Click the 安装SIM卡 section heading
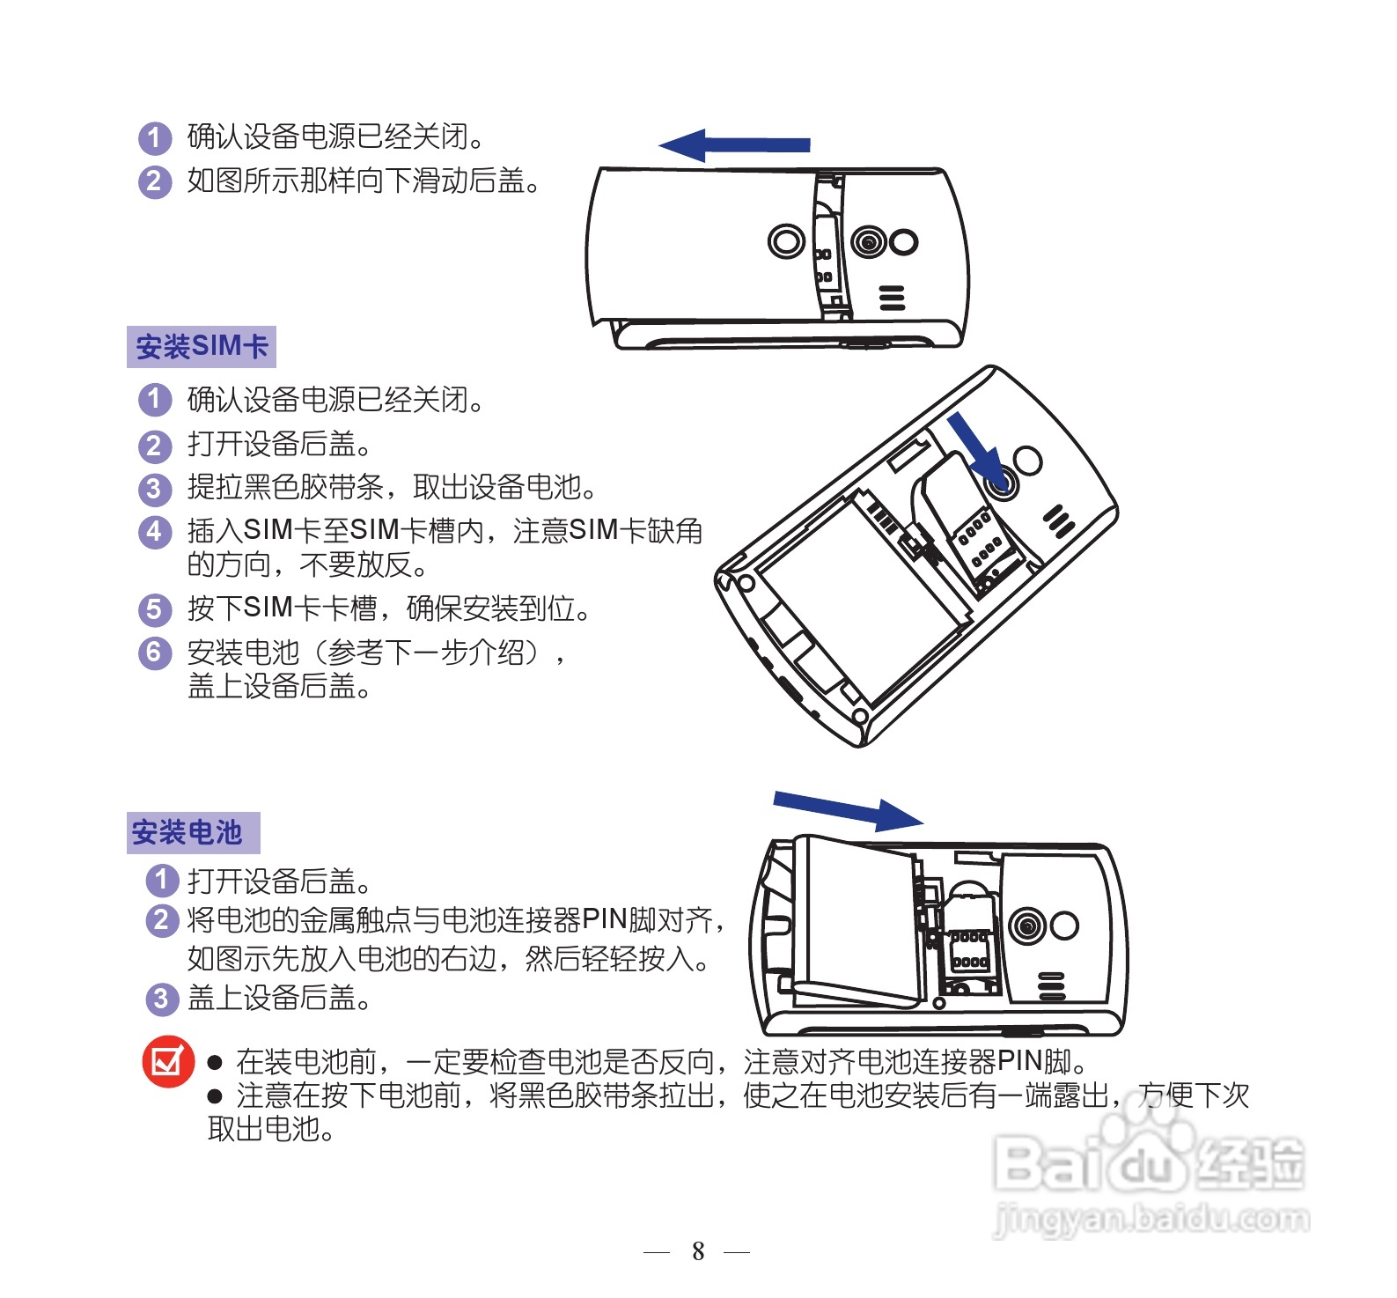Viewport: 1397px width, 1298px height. point(202,346)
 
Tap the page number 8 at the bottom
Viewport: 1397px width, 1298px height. point(698,1250)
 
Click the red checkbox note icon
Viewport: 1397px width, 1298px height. point(167,1061)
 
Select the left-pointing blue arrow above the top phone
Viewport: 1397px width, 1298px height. point(733,144)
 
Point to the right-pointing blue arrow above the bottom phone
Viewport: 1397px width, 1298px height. point(848,809)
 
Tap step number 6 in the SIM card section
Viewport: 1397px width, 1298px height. point(154,653)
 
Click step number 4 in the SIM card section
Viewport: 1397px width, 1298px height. point(154,531)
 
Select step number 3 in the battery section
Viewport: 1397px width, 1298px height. point(161,999)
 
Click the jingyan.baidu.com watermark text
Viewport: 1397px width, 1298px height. point(1151,1219)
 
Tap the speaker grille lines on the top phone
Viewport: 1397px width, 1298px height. point(892,299)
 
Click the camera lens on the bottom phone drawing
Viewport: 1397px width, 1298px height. point(1026,926)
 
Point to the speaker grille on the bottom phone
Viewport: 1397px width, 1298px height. point(1051,986)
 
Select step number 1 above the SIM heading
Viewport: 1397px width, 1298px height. point(154,137)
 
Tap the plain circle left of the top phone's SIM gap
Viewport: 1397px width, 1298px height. point(786,240)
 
